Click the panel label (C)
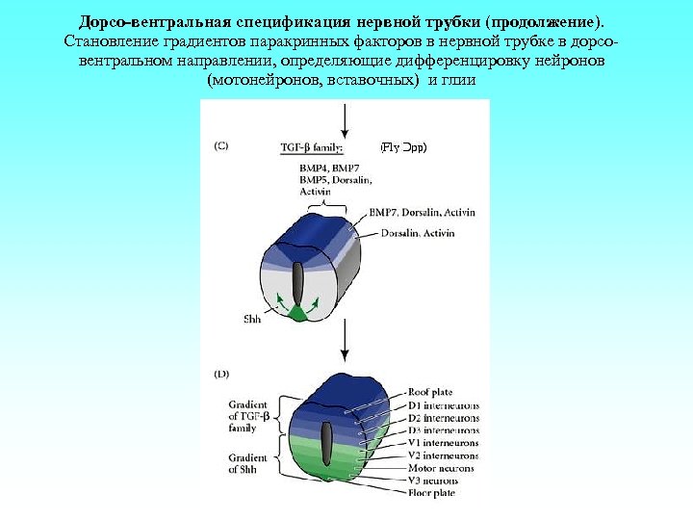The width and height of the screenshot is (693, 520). [x=220, y=147]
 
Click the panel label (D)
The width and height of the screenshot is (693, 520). [x=220, y=373]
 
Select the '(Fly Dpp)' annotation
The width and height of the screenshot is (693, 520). [x=403, y=147]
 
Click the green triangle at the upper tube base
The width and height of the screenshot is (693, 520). [x=298, y=312]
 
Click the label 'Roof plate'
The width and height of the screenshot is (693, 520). [x=431, y=392]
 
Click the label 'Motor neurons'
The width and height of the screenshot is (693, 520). [x=435, y=467]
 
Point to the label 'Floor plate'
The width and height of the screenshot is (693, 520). [x=431, y=492]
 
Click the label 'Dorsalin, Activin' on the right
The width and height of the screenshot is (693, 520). [x=418, y=233]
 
